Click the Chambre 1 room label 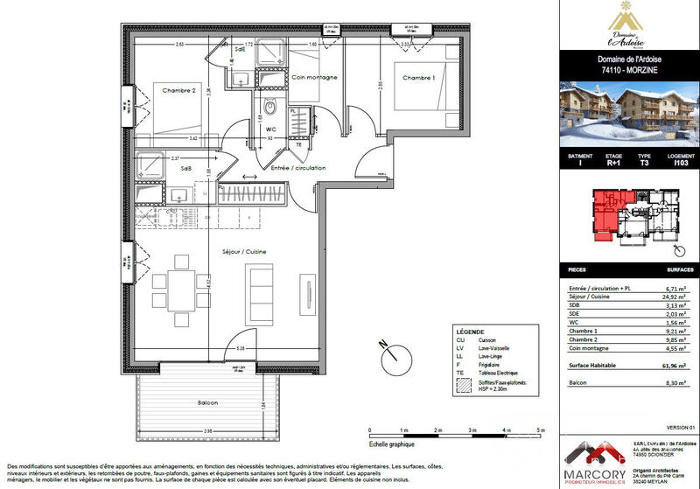(419, 78)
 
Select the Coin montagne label (314, 78)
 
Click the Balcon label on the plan (208, 402)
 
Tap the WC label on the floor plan (271, 129)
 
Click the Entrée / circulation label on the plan (297, 168)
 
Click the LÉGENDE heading (470, 333)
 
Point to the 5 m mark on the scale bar (542, 430)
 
